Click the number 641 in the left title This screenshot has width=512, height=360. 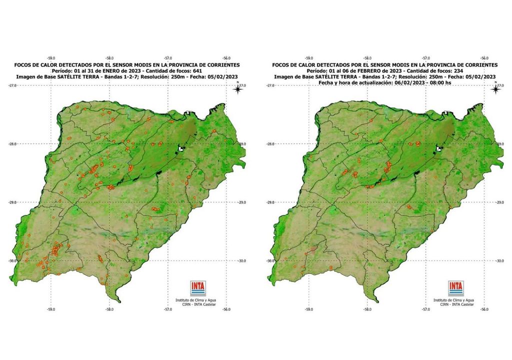point(197,70)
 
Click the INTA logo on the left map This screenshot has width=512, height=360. point(198,288)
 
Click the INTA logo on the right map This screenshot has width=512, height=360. point(456,288)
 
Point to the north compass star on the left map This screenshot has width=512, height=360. point(238,89)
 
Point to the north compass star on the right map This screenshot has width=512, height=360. point(496,89)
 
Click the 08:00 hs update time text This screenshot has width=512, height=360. point(440,82)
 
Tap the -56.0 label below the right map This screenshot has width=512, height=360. point(484,309)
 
